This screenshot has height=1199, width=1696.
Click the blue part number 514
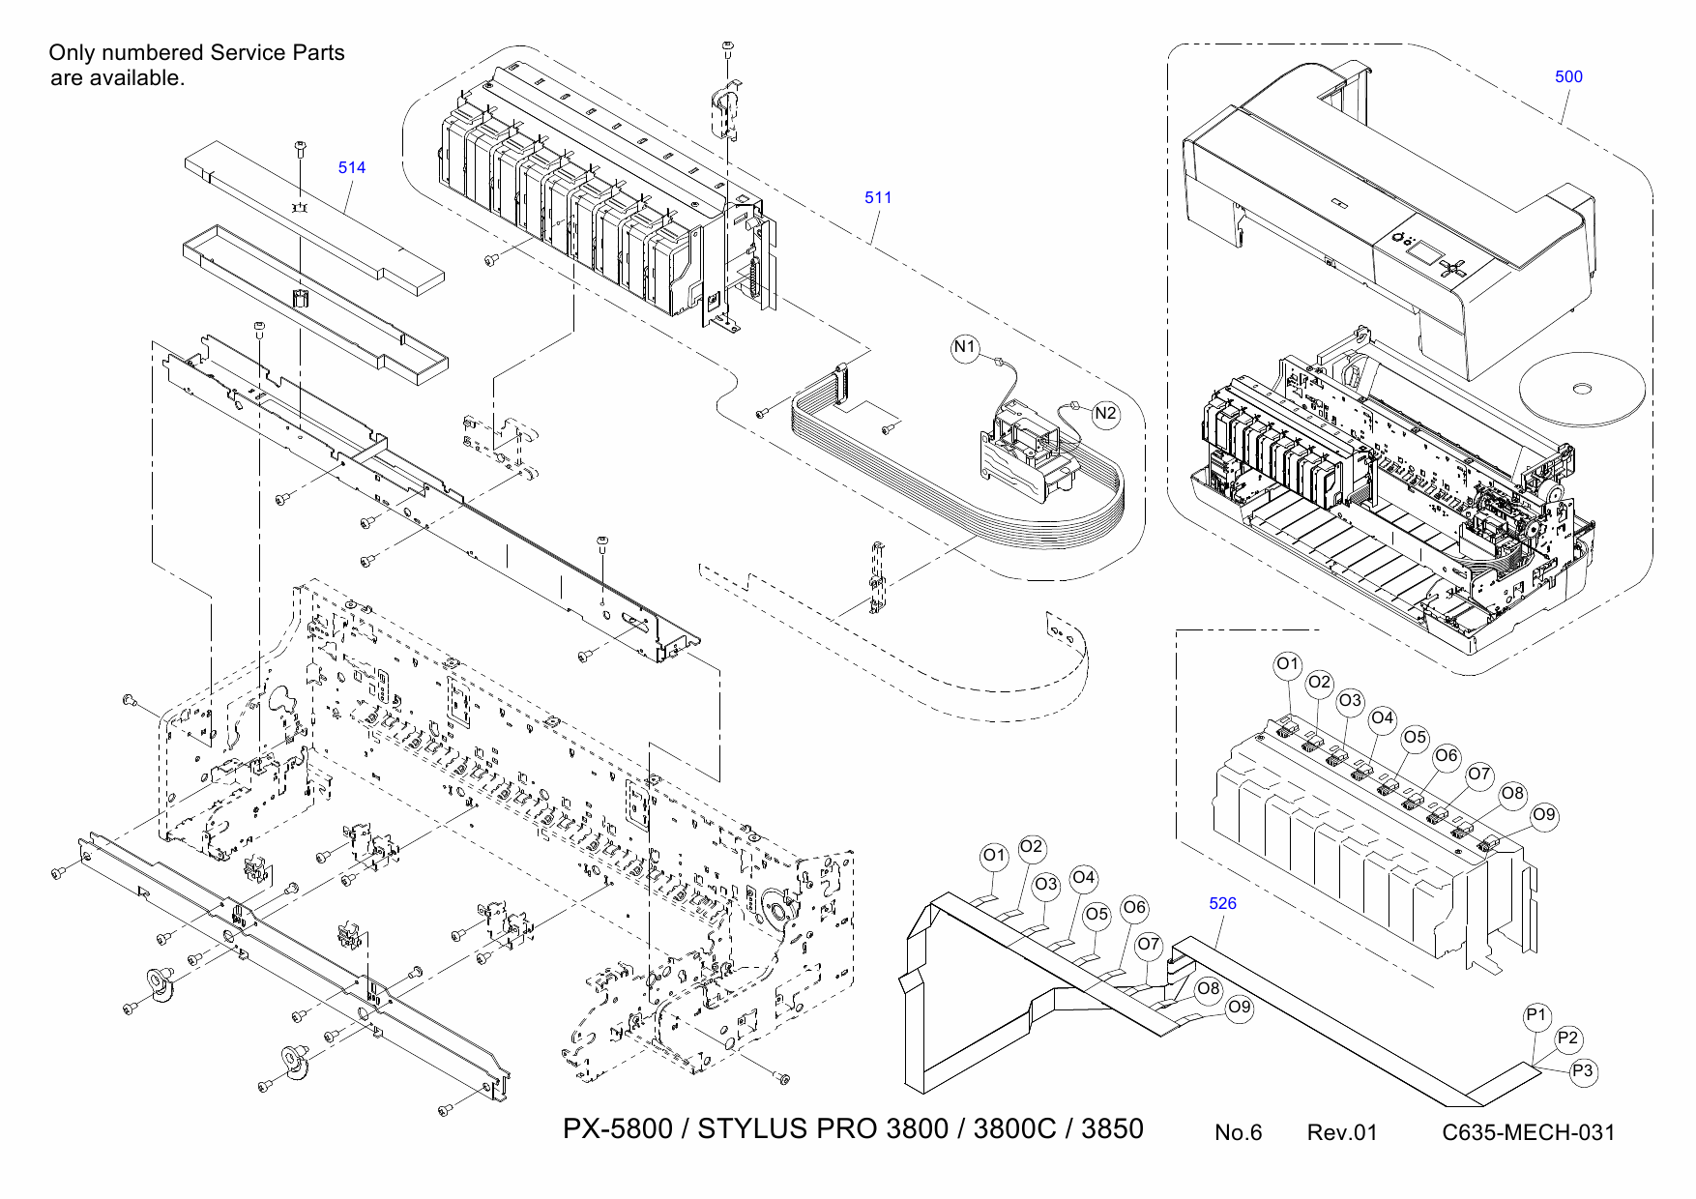click(x=352, y=167)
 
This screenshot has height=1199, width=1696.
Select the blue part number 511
click(x=878, y=197)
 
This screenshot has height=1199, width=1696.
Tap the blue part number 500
click(x=1568, y=77)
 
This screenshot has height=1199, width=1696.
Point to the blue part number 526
click(x=1222, y=903)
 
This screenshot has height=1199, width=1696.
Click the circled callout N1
click(x=965, y=347)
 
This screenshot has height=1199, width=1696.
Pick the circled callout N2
click(x=1105, y=414)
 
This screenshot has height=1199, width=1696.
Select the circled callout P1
click(x=1536, y=1016)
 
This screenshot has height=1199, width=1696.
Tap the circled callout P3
click(x=1583, y=1071)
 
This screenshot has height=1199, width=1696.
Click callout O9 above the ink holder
click(x=1544, y=815)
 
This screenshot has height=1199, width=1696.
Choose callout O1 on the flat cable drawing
click(x=994, y=856)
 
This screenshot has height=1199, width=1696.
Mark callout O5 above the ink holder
click(x=1415, y=738)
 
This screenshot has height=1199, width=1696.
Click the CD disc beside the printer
click(x=1582, y=389)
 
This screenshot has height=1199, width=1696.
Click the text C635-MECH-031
click(x=1528, y=1132)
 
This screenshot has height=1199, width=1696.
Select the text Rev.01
click(x=1341, y=1132)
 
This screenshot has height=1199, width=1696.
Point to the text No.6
click(x=1238, y=1132)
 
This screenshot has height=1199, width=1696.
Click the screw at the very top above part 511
click(x=727, y=46)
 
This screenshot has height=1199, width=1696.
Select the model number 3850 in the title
click(x=1112, y=1129)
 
